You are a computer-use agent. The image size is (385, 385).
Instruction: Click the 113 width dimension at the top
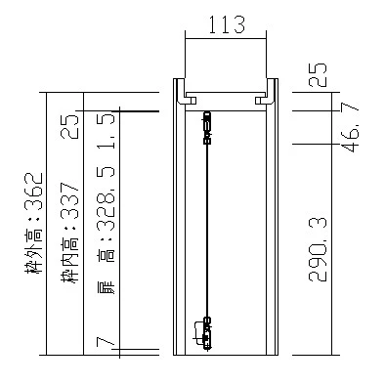coord(227,24)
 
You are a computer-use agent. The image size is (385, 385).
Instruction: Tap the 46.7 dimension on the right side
coord(350,127)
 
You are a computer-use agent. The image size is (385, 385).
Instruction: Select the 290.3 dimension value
coord(318,249)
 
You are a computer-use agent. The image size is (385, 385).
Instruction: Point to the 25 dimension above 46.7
coord(318,74)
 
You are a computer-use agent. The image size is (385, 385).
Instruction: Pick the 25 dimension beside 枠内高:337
coord(70,126)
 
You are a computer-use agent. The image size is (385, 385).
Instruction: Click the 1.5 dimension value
coord(107,131)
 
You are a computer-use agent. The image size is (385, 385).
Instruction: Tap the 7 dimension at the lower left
coord(105,343)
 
